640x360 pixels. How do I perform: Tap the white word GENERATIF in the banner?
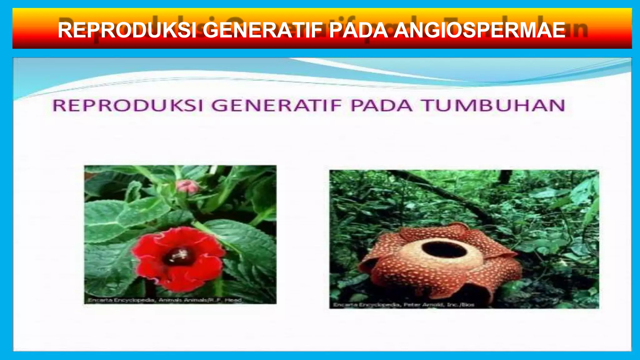(262, 30)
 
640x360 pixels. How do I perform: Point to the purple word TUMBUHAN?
(494, 105)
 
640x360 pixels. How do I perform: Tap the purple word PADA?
(381, 105)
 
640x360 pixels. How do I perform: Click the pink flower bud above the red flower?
(187, 187)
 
